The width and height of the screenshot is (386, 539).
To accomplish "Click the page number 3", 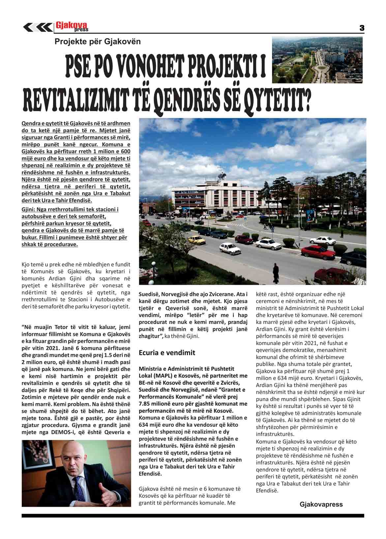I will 362,28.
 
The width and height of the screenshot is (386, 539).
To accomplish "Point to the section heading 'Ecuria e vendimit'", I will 167,353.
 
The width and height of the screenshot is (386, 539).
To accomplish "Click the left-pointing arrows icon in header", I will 37,27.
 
